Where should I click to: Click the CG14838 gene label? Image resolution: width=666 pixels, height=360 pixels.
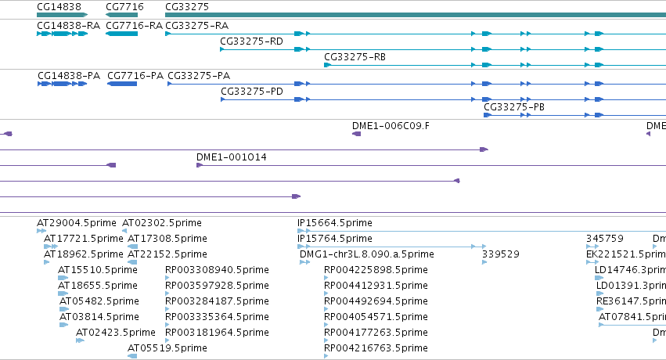click(59, 7)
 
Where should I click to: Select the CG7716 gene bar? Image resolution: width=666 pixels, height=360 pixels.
click(122, 15)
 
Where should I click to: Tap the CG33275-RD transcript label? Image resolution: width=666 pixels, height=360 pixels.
click(251, 41)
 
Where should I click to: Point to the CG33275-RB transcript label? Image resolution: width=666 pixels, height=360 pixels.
click(355, 57)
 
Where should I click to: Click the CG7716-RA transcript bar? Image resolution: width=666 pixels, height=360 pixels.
click(122, 34)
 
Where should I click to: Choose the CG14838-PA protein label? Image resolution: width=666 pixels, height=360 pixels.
click(69, 76)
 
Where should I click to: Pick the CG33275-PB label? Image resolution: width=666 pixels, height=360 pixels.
click(514, 107)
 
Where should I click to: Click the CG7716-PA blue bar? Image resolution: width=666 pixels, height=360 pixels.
click(122, 84)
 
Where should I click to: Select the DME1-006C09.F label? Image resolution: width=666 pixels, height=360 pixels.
click(391, 126)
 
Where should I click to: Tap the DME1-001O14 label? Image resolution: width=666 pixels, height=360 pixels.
click(232, 157)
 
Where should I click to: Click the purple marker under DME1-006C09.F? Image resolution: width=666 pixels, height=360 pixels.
click(356, 134)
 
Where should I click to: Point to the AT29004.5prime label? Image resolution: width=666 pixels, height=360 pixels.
click(77, 223)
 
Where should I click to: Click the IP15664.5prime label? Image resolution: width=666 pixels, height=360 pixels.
click(335, 223)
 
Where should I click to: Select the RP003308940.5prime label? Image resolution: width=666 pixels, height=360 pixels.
click(217, 270)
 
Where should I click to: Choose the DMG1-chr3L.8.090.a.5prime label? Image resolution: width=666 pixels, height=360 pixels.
click(367, 254)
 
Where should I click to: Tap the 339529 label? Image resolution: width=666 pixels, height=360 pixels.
click(501, 254)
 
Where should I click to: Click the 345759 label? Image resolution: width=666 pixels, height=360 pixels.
click(605, 239)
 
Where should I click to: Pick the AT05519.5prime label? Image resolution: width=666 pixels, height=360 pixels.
click(167, 348)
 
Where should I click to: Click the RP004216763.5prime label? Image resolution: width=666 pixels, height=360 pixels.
click(376, 348)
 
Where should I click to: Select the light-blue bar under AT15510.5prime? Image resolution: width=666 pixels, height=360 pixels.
click(63, 278)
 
